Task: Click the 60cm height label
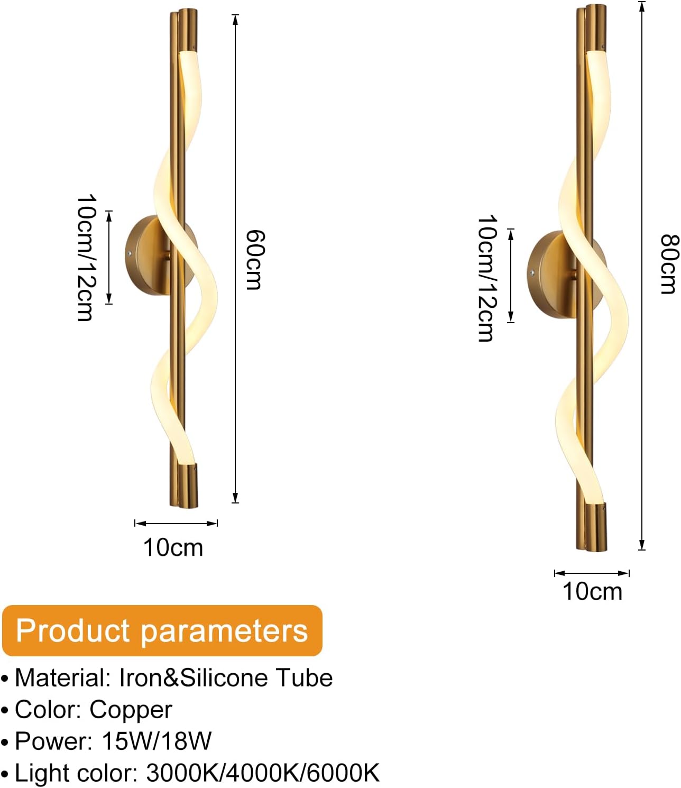(x=254, y=260)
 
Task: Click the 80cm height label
(x=670, y=264)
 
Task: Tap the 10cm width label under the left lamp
(x=173, y=548)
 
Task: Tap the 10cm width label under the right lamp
(x=592, y=592)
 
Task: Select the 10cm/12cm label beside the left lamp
(x=87, y=258)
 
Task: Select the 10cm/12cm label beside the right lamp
(x=488, y=278)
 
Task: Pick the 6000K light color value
(x=343, y=774)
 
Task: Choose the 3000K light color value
(x=182, y=774)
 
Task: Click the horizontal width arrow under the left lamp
(x=176, y=524)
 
